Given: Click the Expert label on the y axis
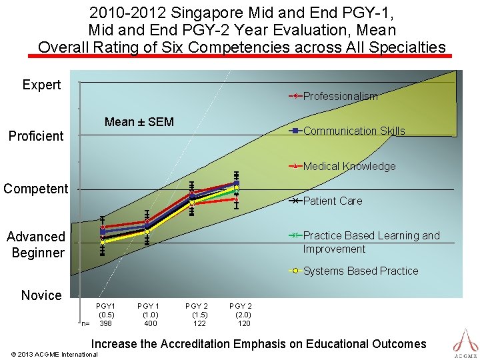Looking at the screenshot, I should (x=41, y=85).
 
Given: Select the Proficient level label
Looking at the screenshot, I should (x=36, y=136).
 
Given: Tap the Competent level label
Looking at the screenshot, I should (x=36, y=189).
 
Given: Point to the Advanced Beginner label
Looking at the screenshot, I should (x=36, y=245).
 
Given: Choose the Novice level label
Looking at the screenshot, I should (x=41, y=295).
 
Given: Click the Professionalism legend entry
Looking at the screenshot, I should (x=340, y=96).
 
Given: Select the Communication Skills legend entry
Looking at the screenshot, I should (x=353, y=131).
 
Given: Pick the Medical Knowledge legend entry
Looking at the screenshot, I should (x=349, y=166).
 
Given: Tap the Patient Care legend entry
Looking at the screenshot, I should (x=332, y=201).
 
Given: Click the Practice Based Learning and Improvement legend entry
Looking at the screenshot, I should (x=371, y=242).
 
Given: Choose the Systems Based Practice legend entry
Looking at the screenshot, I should (x=360, y=271).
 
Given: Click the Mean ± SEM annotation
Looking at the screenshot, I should (x=139, y=122).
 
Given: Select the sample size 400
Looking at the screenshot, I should (x=151, y=323).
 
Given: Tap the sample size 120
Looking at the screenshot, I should (x=244, y=323).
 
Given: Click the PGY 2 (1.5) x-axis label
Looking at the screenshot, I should (x=197, y=310).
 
